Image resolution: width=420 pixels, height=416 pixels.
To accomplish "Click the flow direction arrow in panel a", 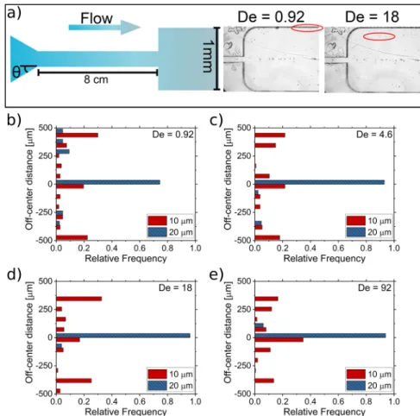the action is pos(104,28).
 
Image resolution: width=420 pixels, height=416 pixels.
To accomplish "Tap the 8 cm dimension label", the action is pos(96,79).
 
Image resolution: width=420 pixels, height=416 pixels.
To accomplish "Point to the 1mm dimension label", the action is pos(208,56).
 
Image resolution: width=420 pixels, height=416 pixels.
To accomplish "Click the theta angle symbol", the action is pos(16,72).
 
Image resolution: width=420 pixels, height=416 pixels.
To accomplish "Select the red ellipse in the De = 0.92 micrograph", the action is pos(307,28).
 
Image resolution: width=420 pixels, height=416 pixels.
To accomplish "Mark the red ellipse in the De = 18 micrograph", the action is pos(379,36).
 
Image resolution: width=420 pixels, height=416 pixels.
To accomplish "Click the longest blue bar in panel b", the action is pos(108,182).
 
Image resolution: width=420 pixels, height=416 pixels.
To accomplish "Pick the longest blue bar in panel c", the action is pos(320,182).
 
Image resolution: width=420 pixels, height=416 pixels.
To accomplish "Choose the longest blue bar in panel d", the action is pos(123,336).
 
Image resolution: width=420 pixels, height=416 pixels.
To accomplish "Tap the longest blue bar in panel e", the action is pos(320,336).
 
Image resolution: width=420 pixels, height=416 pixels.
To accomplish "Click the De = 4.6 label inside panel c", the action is pos(374,135).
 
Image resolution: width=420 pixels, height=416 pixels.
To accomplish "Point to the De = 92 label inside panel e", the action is pos(374,287).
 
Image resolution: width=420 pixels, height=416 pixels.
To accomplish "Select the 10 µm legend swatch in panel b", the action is pos(157,221).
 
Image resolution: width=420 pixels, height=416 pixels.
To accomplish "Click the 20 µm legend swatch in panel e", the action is pos(356,386).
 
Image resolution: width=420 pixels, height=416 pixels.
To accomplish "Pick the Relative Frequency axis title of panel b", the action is pos(126,258).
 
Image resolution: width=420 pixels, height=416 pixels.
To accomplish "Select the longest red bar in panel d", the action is pos(79,299).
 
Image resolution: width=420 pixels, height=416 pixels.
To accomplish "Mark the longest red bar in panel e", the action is pos(279,340).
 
